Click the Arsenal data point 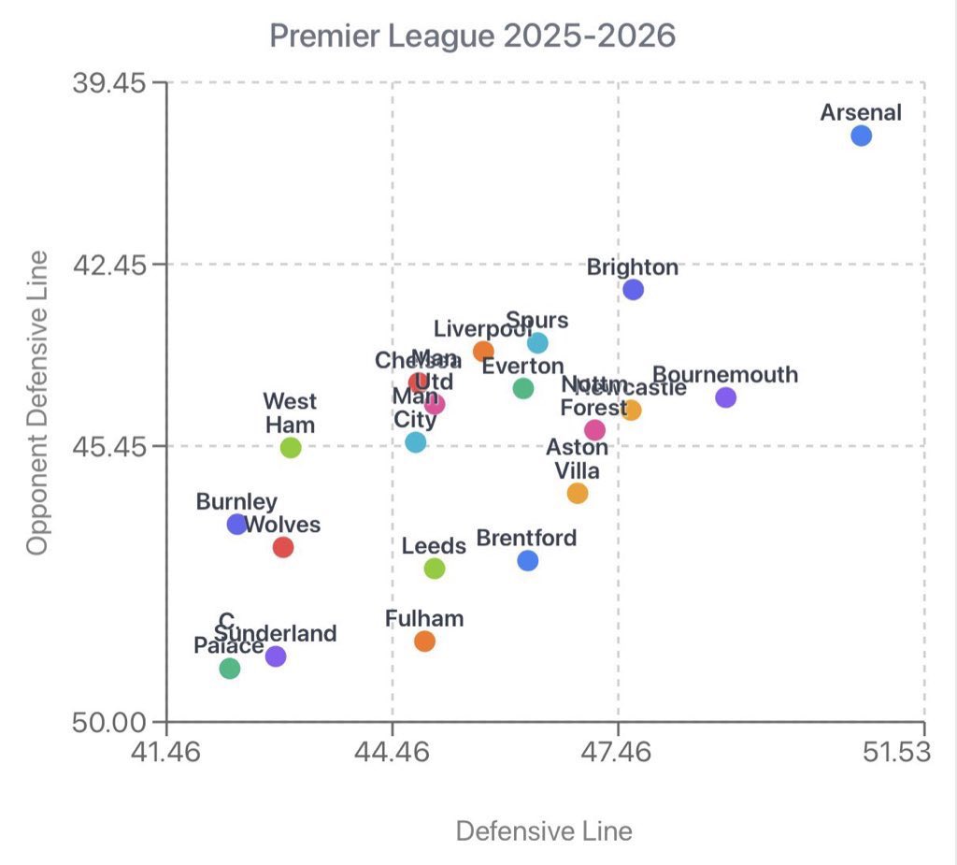(861, 136)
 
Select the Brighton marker (633, 289)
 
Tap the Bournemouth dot (725, 397)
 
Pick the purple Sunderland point (275, 656)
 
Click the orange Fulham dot (424, 641)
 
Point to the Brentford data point (528, 560)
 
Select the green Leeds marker (434, 568)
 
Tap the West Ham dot (291, 448)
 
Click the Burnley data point (237, 524)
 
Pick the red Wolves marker (283, 547)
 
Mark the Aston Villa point (578, 493)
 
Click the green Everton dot (523, 388)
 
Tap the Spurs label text (536, 321)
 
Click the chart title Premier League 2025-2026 (472, 36)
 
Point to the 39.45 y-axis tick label (108, 82)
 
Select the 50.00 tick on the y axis (108, 722)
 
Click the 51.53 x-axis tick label (896, 753)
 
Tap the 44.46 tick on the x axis (393, 753)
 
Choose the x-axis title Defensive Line (543, 830)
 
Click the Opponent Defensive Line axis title (37, 402)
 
